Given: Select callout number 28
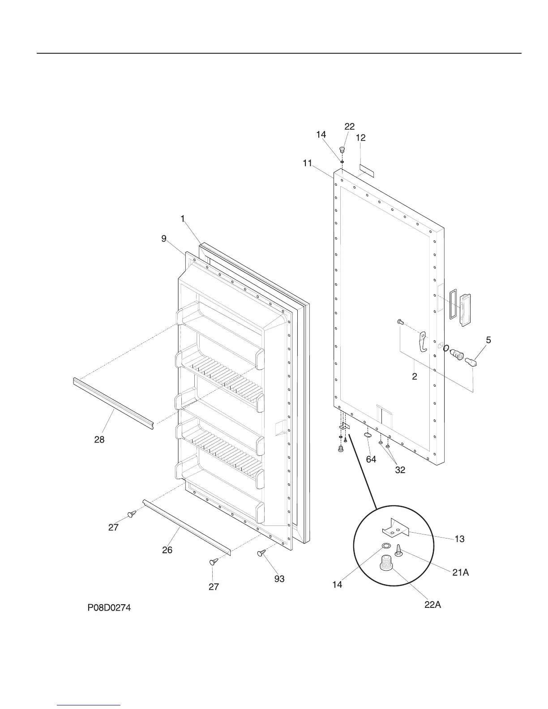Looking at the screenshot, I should click(x=99, y=440).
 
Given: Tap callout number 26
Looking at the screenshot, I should click(x=167, y=550).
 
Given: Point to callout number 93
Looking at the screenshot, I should click(x=279, y=579).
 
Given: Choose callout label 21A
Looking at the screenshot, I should click(x=460, y=572).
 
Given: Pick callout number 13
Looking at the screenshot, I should click(x=459, y=539).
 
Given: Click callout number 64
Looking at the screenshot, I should click(x=371, y=459).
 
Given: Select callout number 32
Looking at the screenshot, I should click(x=400, y=470).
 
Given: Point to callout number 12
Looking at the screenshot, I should click(x=360, y=138).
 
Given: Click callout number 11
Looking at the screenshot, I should click(x=307, y=163).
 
